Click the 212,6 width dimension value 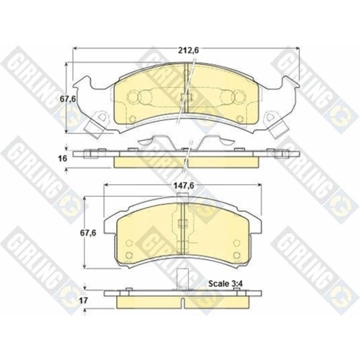pyautogui.click(x=189, y=51)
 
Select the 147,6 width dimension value pyautogui.click(x=184, y=185)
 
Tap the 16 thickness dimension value pyautogui.click(x=63, y=158)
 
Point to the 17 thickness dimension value pyautogui.click(x=84, y=300)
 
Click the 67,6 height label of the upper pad pyautogui.click(x=68, y=99)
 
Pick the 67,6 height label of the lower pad pyautogui.click(x=88, y=233)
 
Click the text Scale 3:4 pyautogui.click(x=225, y=284)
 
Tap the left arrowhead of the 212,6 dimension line pyautogui.click(x=75, y=48)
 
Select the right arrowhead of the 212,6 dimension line pyautogui.click(x=298, y=48)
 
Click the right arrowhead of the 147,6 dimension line pyautogui.click(x=260, y=185)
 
